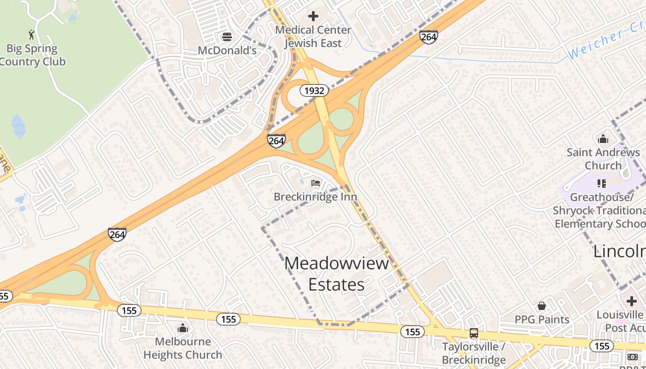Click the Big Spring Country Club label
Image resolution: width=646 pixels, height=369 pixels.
coord(32,55)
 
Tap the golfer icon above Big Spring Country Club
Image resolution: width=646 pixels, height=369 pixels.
coord(31,35)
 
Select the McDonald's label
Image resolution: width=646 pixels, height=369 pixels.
coord(227,50)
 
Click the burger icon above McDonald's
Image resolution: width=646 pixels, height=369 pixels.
coord(227,36)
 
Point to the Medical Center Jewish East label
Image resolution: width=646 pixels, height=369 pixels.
coord(313,36)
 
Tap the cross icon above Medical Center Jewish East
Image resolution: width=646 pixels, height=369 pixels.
coord(313,16)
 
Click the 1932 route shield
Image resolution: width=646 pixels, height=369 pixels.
coord(314,90)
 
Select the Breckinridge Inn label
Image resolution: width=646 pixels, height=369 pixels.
coord(316,196)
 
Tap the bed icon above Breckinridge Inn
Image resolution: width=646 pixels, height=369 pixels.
coord(316,183)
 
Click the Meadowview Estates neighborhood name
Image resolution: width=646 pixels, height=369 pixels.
coord(337,274)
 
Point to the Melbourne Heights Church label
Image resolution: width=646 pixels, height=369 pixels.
coord(183,348)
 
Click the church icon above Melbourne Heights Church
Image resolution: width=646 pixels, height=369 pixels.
coord(183,328)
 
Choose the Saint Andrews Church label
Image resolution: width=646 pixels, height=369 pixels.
coord(603,159)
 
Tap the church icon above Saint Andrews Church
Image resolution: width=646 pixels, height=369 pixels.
coord(603,139)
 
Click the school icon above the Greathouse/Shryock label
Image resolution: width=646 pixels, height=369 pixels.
coord(601,184)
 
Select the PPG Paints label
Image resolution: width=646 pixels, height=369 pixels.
coord(542,319)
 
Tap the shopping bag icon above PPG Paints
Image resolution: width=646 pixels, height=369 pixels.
coord(542,306)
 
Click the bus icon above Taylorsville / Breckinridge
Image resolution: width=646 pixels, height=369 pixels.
coord(474,333)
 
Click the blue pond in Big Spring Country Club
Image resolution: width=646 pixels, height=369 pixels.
coord(19,126)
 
